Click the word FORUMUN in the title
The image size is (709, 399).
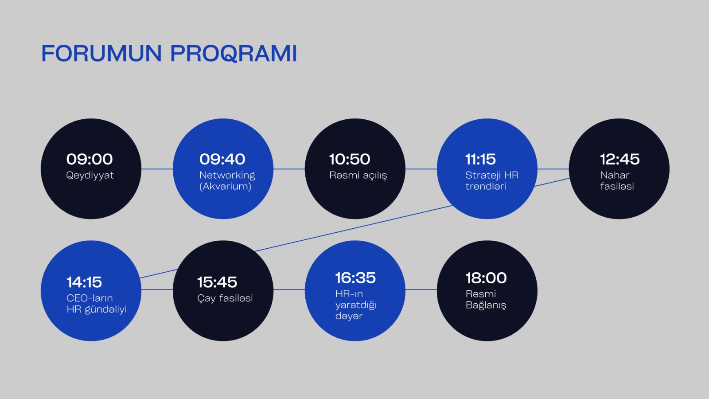pos(101,54)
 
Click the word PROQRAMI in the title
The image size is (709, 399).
pos(234,54)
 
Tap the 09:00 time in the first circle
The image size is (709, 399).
pos(90,159)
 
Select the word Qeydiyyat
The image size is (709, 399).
pos(90,176)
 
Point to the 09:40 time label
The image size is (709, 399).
pos(222,159)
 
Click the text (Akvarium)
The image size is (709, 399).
pos(225,187)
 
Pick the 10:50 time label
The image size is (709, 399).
pos(350,159)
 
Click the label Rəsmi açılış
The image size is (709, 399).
pos(358,176)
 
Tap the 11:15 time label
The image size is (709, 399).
pos(480,159)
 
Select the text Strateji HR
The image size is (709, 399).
pos(491,175)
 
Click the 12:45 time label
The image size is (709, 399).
pos(619,159)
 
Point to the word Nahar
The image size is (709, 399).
pos(615,175)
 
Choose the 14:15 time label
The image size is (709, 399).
pos(84,282)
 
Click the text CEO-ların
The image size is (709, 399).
pos(90,298)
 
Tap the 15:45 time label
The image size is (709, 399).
pos(217,282)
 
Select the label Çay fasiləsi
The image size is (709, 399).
pos(225,298)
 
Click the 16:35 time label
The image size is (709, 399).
pos(355,278)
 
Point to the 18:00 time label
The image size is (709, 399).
pos(486,278)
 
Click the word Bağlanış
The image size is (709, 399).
pos(486,305)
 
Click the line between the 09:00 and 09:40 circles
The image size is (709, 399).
pos(157,169)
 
